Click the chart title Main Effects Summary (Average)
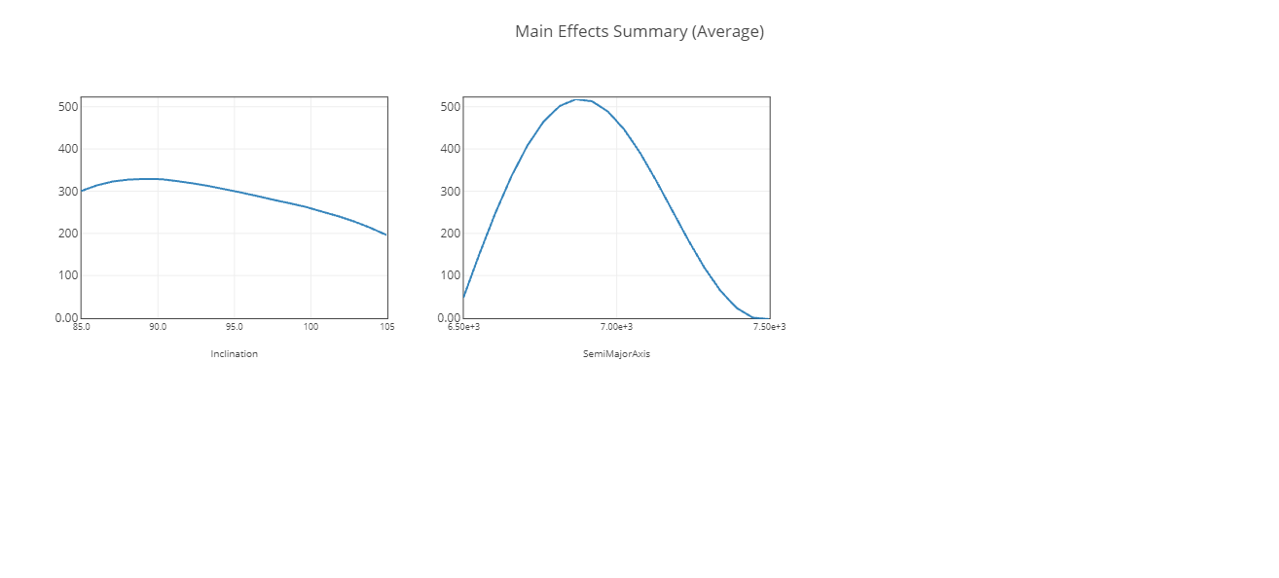(x=639, y=31)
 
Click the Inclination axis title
(x=234, y=354)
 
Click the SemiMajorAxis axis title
(x=616, y=354)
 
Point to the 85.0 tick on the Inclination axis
(x=81, y=327)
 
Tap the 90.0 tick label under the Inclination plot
(x=158, y=327)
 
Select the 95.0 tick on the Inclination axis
(x=235, y=327)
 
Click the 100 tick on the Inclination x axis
(x=311, y=327)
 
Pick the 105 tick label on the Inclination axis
(x=386, y=327)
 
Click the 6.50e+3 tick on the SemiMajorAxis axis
(x=463, y=327)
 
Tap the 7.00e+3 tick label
(x=616, y=327)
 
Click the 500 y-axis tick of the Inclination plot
(x=67, y=106)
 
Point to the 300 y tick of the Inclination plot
(x=67, y=191)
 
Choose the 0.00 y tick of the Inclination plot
(x=66, y=317)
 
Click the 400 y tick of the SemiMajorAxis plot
(x=450, y=149)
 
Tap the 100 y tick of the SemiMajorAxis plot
(x=450, y=275)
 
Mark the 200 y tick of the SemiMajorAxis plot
(x=450, y=234)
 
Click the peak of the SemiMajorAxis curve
(x=577, y=99)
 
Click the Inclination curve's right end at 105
(x=386, y=235)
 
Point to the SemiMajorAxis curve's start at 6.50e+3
(x=463, y=298)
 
